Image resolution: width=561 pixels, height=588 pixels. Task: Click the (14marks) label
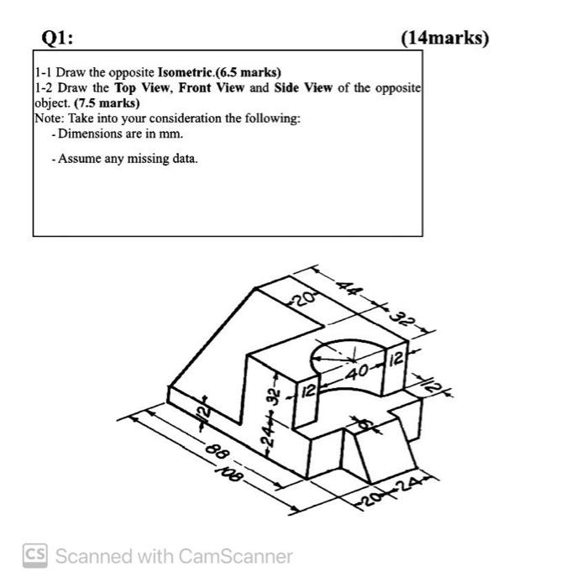(444, 38)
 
